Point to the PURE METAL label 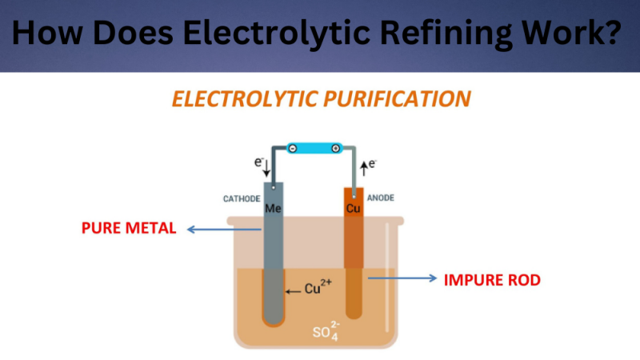pos(128,228)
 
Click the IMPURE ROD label pos(492,280)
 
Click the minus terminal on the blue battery pos(292,148)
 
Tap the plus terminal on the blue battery pos(335,148)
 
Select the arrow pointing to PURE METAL pos(225,230)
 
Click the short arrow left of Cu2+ pos(293,290)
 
